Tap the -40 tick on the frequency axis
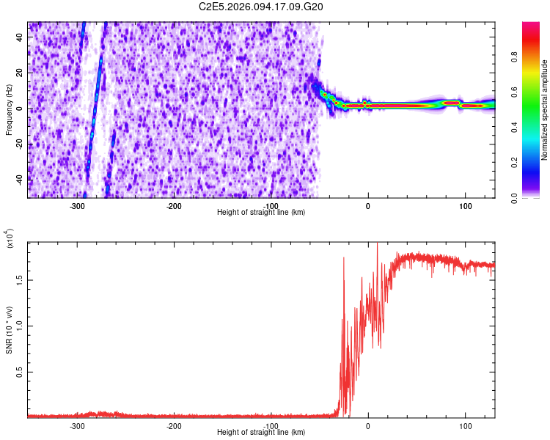20,179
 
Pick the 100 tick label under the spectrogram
465,205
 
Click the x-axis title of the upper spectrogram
261,212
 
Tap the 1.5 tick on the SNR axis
20,279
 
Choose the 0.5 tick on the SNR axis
20,373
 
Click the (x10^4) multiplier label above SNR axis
9,238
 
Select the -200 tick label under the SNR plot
174,425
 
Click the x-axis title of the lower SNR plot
261,432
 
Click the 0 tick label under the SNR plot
368,425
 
